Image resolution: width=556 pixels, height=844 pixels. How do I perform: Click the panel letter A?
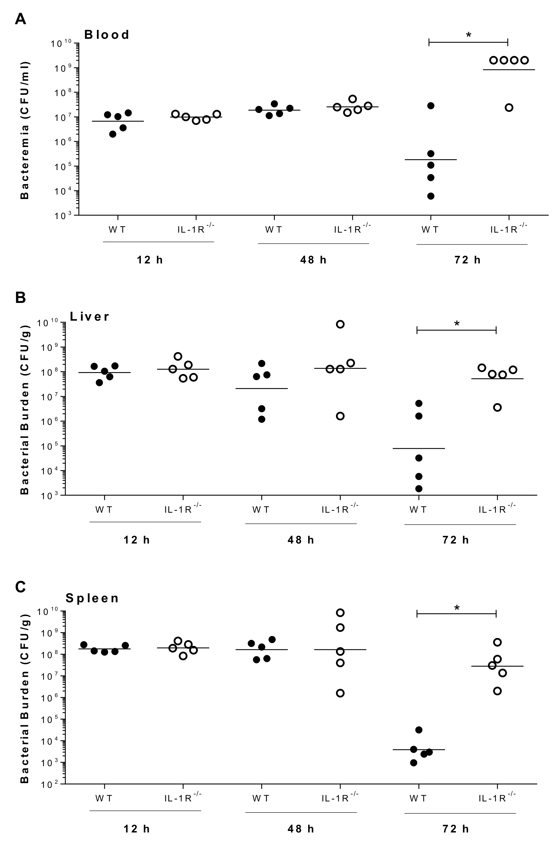[21, 18]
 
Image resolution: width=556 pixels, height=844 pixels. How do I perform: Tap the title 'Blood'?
[107, 35]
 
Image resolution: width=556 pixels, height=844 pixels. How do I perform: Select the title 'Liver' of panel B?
[90, 316]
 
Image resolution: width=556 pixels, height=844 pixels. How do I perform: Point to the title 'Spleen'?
[92, 599]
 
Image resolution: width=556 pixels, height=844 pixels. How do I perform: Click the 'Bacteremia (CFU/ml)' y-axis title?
[25, 130]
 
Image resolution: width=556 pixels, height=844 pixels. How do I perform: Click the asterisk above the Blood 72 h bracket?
[468, 35]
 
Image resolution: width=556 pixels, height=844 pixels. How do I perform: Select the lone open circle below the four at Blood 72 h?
[509, 108]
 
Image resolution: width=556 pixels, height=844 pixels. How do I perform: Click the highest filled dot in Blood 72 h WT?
[430, 106]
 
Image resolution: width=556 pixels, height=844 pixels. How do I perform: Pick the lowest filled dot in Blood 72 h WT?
[430, 196]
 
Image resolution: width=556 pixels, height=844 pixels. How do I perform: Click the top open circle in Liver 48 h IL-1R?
[340, 324]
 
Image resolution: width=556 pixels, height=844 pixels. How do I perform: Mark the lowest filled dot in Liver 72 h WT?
[419, 489]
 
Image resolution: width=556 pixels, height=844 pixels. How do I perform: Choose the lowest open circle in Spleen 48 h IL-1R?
[340, 693]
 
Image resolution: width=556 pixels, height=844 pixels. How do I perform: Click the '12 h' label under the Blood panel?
[150, 260]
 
